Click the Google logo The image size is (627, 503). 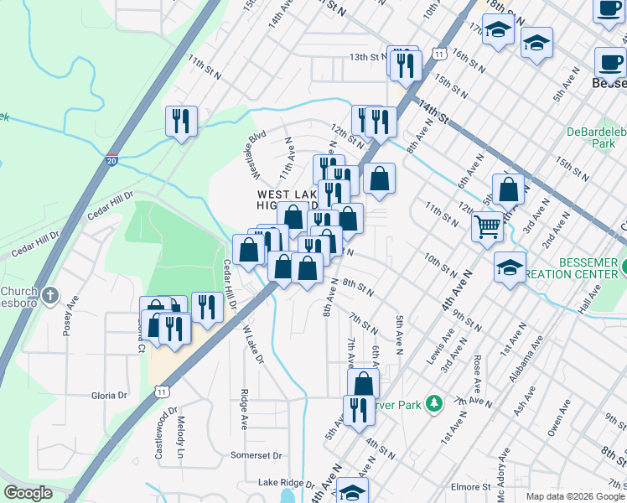click(28, 493)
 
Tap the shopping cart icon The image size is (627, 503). click(487, 225)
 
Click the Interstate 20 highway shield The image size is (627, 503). click(111, 160)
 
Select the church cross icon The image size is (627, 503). click(50, 295)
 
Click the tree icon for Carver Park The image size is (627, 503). click(433, 404)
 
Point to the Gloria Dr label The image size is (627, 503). click(109, 395)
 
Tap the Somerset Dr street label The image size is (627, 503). click(256, 455)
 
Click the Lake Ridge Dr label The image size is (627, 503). click(285, 484)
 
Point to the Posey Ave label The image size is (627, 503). click(69, 314)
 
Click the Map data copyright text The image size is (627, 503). click(574, 496)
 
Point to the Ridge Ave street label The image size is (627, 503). click(244, 408)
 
